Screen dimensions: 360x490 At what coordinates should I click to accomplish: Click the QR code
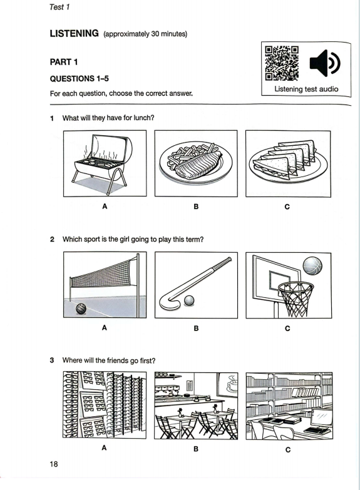(282, 63)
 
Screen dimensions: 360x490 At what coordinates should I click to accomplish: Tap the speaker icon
(325, 63)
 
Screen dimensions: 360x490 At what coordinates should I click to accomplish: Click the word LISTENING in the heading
(74, 33)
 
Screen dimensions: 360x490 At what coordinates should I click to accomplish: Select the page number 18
(54, 464)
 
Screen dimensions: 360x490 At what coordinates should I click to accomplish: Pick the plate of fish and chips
(196, 163)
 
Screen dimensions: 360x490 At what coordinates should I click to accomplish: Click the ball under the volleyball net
(81, 309)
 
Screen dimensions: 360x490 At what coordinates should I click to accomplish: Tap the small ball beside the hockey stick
(189, 300)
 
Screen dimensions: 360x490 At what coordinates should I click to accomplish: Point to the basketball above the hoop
(312, 266)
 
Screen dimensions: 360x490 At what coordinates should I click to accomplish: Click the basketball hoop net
(296, 299)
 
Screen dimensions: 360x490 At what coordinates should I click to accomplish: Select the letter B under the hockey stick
(196, 329)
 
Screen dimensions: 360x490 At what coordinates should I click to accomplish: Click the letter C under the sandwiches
(287, 207)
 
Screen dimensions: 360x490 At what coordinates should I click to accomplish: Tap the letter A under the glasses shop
(104, 448)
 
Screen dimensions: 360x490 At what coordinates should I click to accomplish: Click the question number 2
(52, 240)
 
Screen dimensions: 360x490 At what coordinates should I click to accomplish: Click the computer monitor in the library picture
(321, 418)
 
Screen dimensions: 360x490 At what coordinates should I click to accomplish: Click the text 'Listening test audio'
(306, 89)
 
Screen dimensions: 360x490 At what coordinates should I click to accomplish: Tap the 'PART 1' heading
(64, 62)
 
